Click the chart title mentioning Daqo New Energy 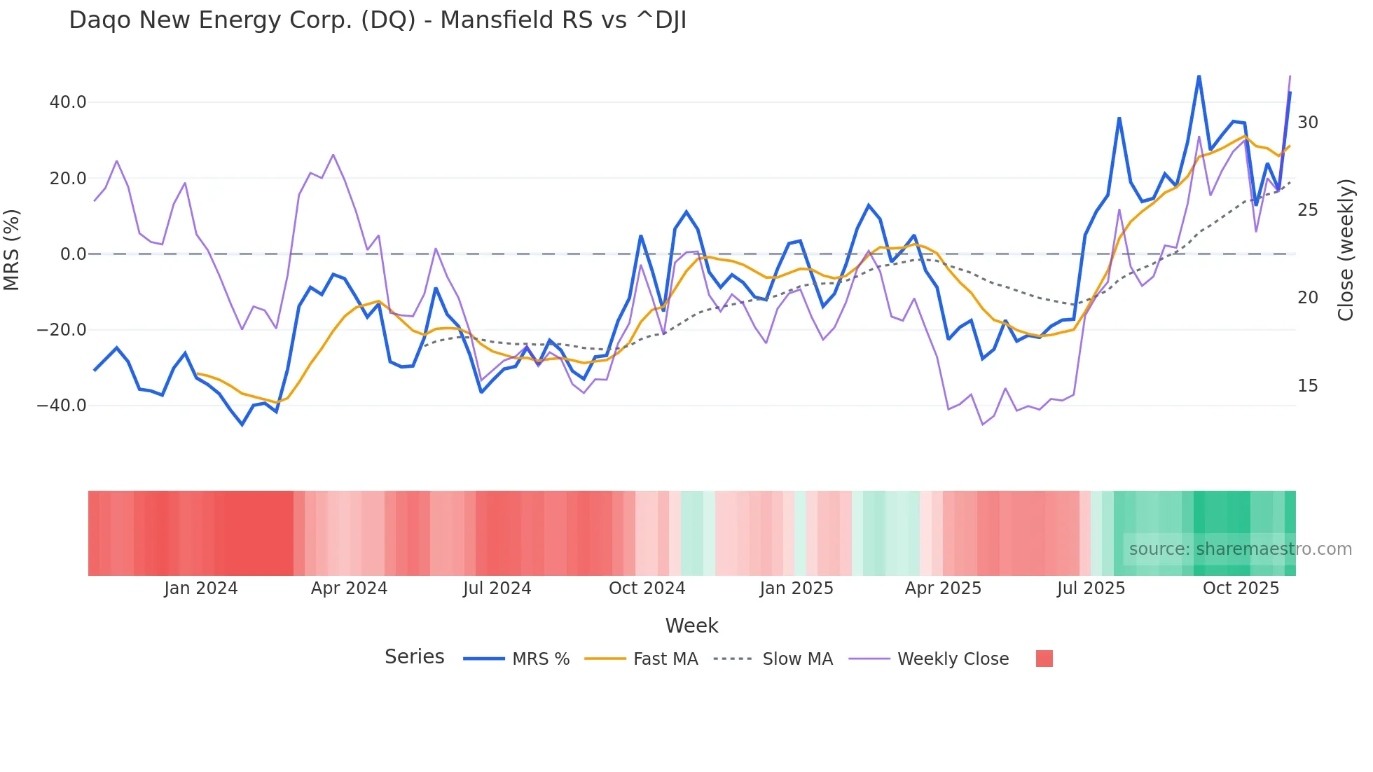click(x=378, y=20)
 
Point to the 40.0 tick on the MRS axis click(x=68, y=102)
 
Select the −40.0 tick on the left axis click(x=62, y=406)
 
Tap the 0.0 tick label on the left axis click(x=73, y=254)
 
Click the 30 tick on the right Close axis click(x=1307, y=123)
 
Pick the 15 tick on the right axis click(x=1307, y=386)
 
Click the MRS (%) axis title click(x=12, y=249)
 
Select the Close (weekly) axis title click(x=1345, y=249)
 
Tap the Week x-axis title click(x=691, y=626)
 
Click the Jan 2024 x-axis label click(x=201, y=588)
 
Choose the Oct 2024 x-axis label click(x=647, y=588)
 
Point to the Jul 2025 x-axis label click(x=1091, y=588)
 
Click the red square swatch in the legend click(x=1044, y=659)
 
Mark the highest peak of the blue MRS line click(x=1199, y=76)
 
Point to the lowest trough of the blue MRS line click(x=242, y=425)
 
